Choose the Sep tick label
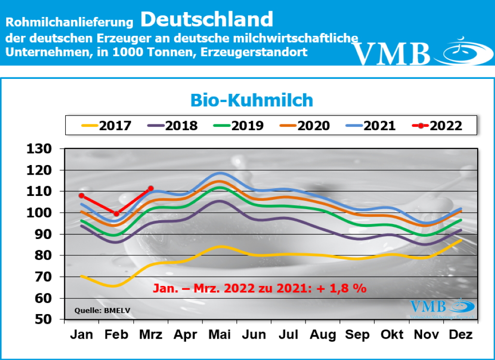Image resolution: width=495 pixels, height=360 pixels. pos(358,335)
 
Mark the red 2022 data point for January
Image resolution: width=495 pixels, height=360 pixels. pos(82,195)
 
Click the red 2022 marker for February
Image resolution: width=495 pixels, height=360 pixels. pos(116,213)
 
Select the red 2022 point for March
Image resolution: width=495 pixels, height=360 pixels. pos(151,188)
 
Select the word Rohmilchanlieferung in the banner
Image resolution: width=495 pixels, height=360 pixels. pos(69,22)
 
